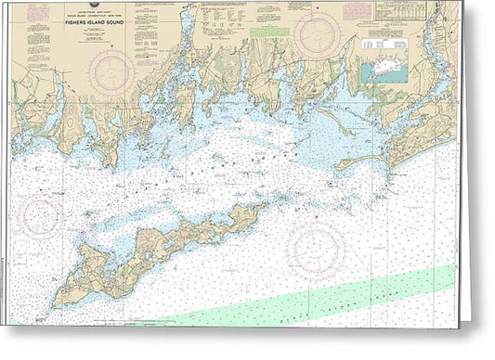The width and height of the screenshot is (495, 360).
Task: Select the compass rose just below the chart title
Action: pyautogui.click(x=112, y=71)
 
